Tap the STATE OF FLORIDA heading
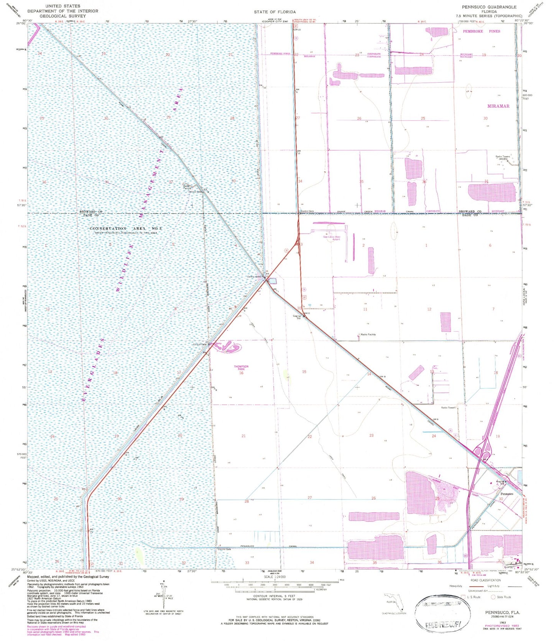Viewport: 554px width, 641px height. point(275,12)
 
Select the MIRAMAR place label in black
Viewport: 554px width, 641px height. point(498,106)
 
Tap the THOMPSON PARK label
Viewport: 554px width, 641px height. point(241,368)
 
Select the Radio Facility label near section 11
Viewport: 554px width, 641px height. point(368,335)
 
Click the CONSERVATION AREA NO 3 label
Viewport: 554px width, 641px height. point(126,229)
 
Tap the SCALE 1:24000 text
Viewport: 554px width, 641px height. point(274,577)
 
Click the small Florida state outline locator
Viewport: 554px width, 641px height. point(393,600)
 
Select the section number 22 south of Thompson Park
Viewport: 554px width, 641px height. point(309,437)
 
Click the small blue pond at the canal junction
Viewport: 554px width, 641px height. point(272,281)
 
